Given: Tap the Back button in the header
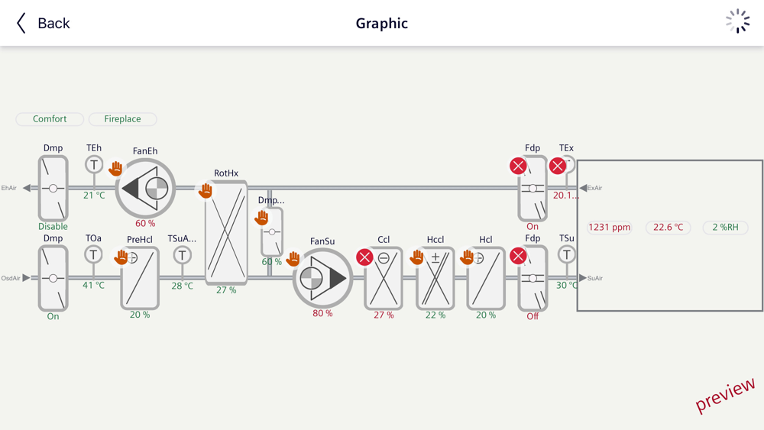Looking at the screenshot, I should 44,24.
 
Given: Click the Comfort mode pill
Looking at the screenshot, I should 50,119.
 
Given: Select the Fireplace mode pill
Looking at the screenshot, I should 122,119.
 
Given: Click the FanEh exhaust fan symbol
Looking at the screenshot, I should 146,189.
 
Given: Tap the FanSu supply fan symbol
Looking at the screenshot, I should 322,278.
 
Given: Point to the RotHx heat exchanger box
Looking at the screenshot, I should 226,232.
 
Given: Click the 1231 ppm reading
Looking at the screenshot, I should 610,227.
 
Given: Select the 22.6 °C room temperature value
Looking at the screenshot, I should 668,227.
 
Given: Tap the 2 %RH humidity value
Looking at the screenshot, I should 725,227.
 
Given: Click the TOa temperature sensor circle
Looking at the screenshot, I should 93,254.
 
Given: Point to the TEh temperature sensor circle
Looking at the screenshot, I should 93,164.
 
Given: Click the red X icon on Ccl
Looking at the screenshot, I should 365,257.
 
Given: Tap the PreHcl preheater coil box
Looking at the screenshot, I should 140,278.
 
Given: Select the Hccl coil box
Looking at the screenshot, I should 435,278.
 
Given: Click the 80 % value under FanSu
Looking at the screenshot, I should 322,313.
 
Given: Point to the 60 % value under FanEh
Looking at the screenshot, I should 145,224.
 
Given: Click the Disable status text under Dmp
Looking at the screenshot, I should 53,227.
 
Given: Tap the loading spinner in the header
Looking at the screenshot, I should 737,22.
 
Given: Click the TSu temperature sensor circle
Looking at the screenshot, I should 566,254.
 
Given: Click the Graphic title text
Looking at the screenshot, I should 382,24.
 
